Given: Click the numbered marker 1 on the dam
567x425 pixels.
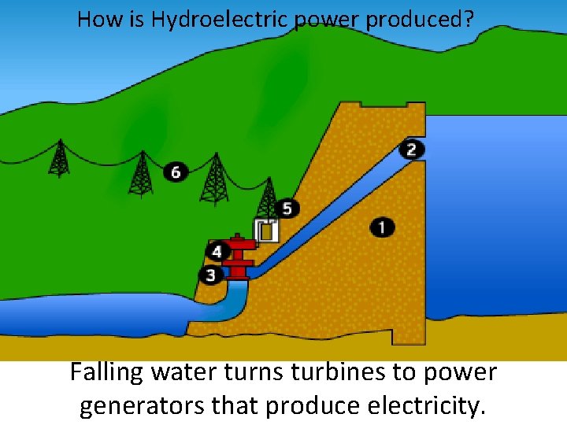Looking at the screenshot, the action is [x=382, y=227].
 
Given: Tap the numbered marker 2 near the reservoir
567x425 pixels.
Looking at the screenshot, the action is [x=411, y=149].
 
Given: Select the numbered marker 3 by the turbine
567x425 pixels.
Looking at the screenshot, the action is [x=210, y=275].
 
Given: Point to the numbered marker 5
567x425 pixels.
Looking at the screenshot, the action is [x=287, y=208].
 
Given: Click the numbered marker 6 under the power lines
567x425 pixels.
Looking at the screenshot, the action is [x=176, y=172].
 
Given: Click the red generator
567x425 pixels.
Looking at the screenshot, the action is [x=238, y=256].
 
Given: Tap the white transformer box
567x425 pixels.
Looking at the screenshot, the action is [x=266, y=231].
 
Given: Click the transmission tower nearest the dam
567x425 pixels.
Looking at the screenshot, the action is [x=268, y=197].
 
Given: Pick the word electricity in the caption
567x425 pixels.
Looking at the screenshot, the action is [x=428, y=406].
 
